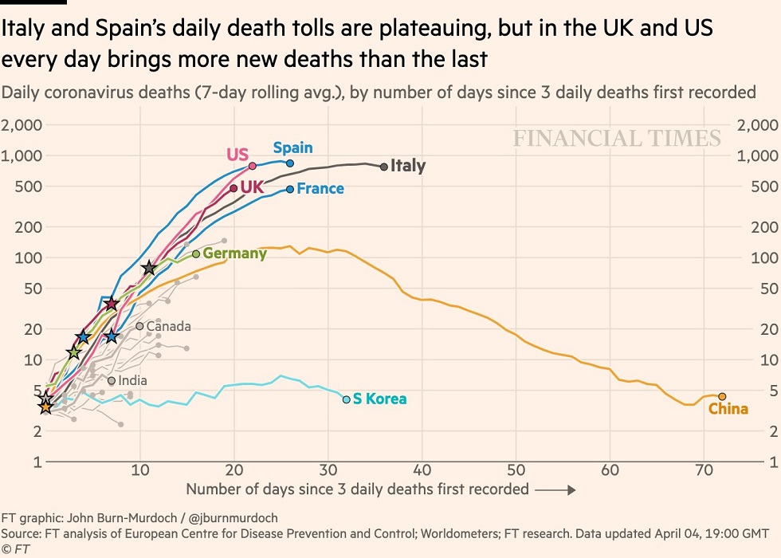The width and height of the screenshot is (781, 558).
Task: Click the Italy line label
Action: (408, 167)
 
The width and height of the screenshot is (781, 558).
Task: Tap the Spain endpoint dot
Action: (290, 163)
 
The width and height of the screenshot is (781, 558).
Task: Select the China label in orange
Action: (728, 409)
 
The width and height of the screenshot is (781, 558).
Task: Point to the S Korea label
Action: (379, 399)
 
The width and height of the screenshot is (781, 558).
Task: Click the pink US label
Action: (237, 154)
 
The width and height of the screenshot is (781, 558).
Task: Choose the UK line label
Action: (252, 188)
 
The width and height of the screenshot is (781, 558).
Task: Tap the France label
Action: (320, 189)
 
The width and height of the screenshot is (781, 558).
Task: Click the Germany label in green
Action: (234, 253)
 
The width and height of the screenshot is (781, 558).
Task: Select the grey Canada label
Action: (168, 326)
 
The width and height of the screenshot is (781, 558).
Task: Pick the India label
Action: (132, 381)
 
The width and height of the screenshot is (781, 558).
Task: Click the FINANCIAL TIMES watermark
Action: (617, 139)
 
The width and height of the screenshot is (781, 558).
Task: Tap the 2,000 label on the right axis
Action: (758, 125)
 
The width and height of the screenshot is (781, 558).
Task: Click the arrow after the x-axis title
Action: (555, 490)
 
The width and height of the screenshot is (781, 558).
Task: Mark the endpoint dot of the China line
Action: (722, 396)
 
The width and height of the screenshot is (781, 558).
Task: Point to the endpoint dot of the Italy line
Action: (384, 167)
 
